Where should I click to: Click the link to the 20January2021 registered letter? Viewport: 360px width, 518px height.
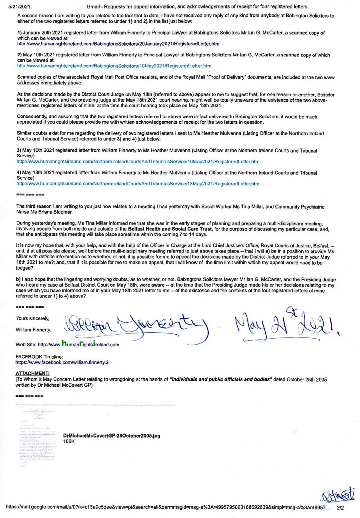[118, 43]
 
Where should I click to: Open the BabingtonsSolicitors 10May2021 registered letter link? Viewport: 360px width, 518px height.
[114, 66]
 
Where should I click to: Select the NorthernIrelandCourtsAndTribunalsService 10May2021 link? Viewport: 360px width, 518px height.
[138, 161]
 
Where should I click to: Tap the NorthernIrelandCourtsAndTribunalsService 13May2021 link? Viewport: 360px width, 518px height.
[138, 184]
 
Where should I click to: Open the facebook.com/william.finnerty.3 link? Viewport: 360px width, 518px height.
[62, 362]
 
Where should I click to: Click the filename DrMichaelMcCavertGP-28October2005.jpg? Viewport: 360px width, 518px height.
[112, 436]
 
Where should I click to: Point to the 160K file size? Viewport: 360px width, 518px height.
[69, 441]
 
